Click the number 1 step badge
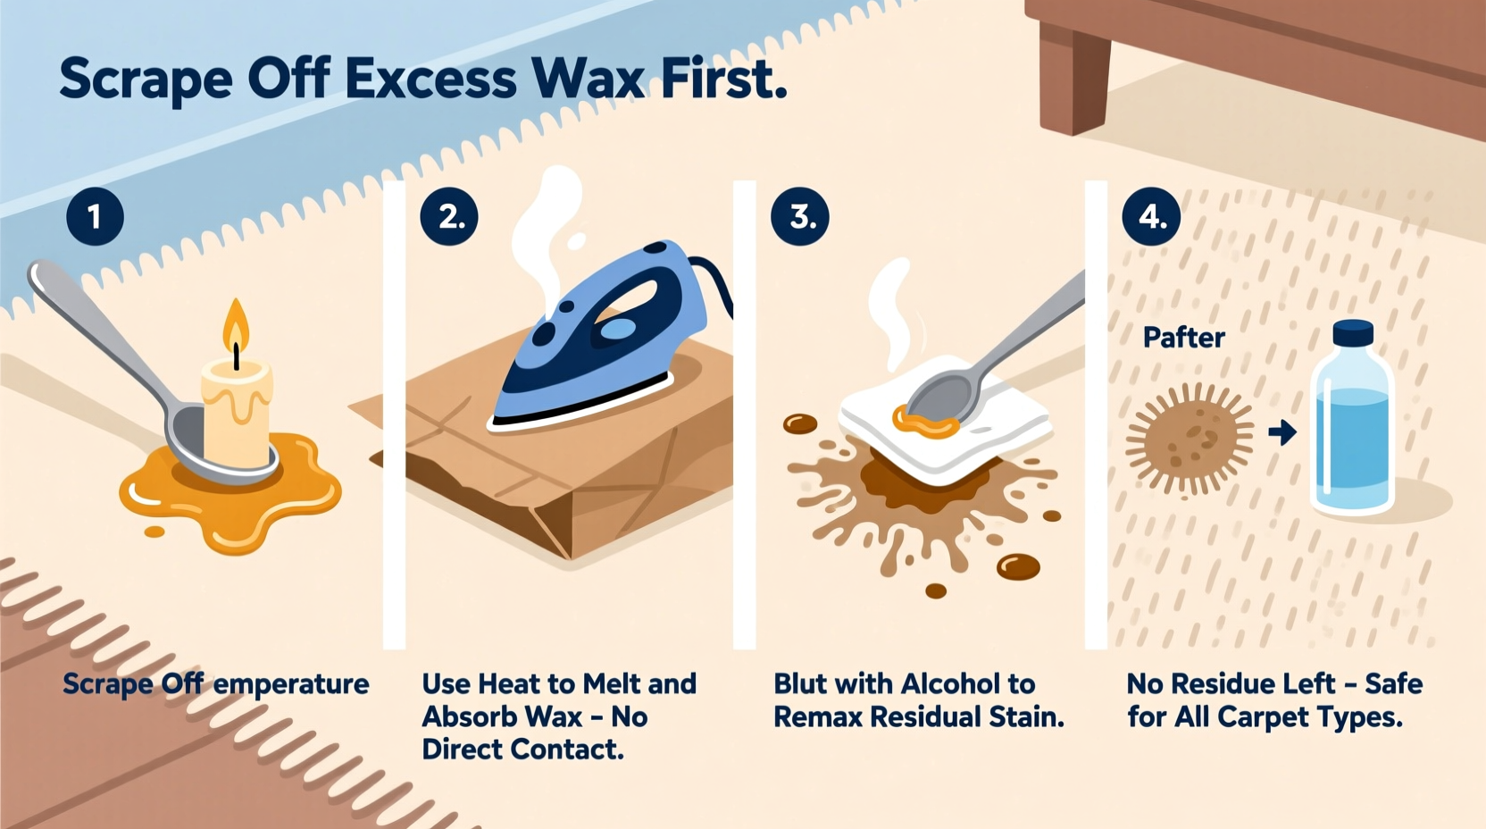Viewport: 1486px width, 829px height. point(95,217)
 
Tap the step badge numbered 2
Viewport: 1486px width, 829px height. point(449,217)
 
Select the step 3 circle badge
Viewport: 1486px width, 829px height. point(800,217)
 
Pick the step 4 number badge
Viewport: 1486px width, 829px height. point(1151,217)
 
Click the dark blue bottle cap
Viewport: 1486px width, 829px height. point(1353,333)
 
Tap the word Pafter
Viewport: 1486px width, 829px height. point(1184,338)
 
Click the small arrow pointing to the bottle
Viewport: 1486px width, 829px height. point(1282,433)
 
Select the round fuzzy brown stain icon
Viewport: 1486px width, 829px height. point(1191,438)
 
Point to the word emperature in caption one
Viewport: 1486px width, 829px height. point(291,684)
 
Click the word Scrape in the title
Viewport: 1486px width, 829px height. point(146,80)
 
